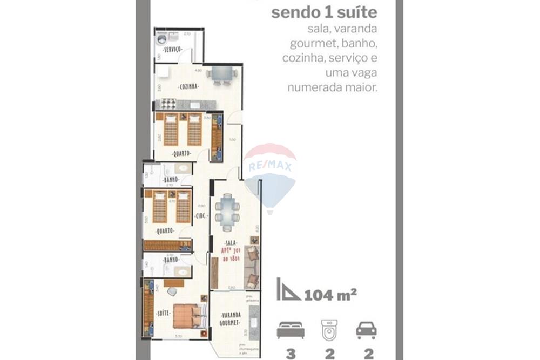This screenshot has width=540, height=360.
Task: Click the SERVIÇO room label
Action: [171, 50]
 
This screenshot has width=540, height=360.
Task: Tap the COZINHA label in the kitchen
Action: [188, 86]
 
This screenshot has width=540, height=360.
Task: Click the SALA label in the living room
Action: [232, 244]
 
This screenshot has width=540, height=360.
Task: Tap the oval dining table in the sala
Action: [227, 212]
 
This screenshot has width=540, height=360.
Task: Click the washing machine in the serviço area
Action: [161, 39]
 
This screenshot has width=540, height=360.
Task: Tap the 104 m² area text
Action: [330, 295]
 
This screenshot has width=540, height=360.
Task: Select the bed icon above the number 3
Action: [291, 329]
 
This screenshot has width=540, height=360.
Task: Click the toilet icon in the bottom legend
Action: [329, 329]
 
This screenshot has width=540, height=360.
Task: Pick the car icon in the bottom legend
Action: [367, 329]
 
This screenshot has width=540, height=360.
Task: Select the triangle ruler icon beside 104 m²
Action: [288, 289]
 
